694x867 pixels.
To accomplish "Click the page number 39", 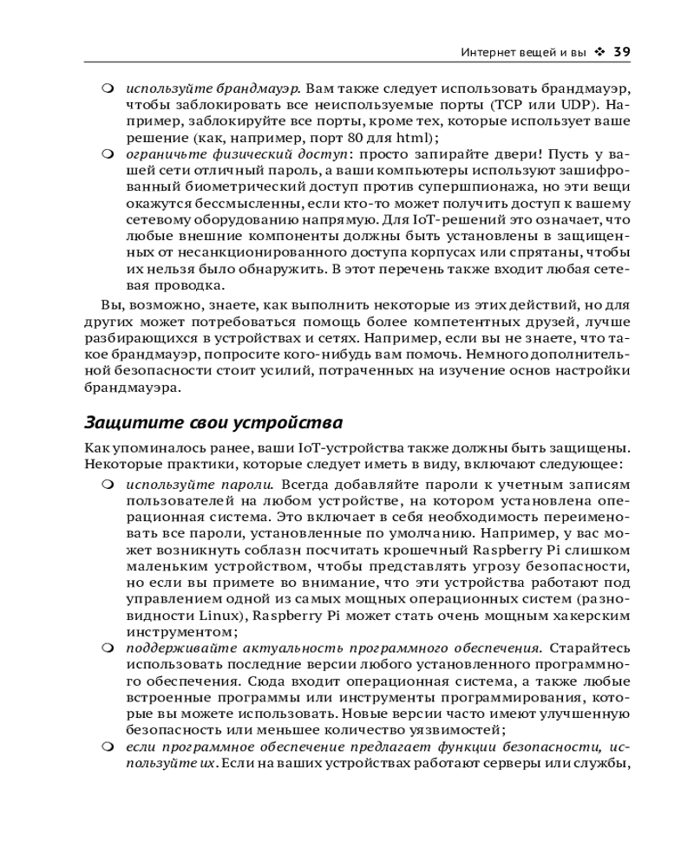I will click(x=621, y=52).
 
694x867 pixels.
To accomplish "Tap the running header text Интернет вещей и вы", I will click(x=524, y=52).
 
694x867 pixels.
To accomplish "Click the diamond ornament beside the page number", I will click(x=599, y=52).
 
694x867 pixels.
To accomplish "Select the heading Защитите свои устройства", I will click(x=213, y=423).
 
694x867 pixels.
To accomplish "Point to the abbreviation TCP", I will click(x=507, y=104).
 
